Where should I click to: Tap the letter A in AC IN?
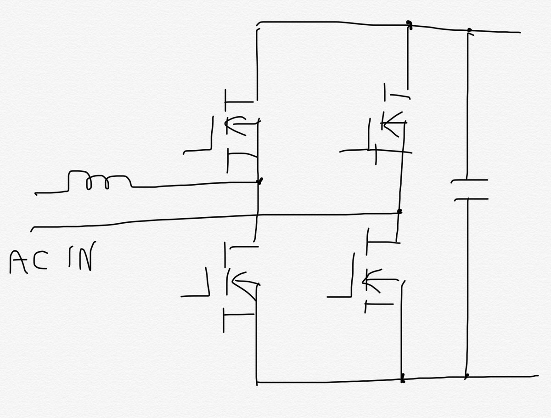pos(20,263)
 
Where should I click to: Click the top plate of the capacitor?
pos(469,181)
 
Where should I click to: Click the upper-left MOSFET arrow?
pos(241,124)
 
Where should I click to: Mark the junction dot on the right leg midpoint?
pos(399,212)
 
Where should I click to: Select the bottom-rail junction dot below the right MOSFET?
pos(403,379)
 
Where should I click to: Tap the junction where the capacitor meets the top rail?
pos(469,31)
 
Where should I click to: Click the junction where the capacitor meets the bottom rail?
pos(467,376)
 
